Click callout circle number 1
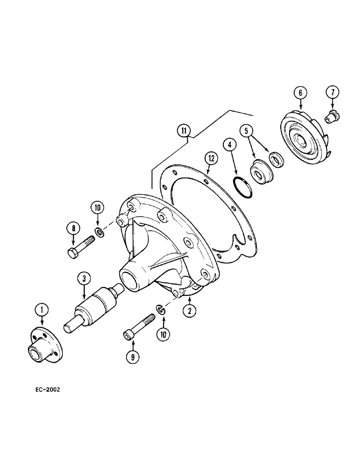[42, 309]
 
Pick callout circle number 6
[300, 93]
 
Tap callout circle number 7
[332, 92]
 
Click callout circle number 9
[133, 358]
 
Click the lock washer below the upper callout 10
[99, 232]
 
